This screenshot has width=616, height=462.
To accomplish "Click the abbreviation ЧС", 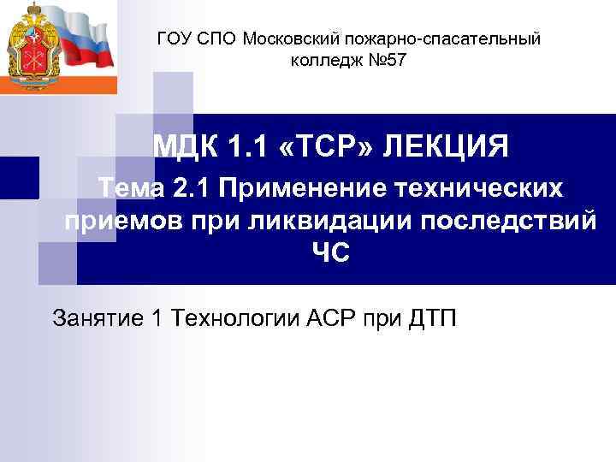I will [334, 254].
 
